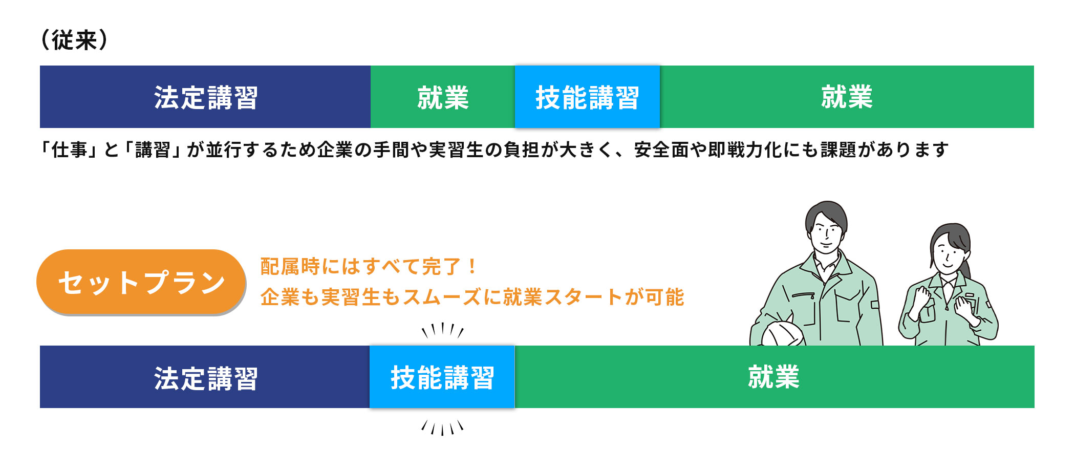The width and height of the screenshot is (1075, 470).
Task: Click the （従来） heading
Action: click(x=74, y=40)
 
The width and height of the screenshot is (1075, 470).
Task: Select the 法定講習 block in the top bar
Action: click(x=205, y=97)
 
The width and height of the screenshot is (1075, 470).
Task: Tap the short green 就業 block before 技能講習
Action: click(x=443, y=97)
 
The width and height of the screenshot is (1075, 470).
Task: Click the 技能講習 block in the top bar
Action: click(x=587, y=97)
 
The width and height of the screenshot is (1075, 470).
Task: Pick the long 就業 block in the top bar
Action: click(x=847, y=97)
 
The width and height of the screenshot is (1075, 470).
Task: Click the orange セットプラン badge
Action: click(x=141, y=282)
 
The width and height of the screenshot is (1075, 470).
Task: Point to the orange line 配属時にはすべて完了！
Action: click(x=369, y=267)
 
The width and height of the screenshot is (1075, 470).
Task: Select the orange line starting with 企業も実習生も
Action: click(x=472, y=297)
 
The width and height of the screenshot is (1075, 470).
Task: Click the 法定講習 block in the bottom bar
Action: click(x=205, y=377)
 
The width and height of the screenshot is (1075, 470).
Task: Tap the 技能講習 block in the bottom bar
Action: click(x=442, y=377)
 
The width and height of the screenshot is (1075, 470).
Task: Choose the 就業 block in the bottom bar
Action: click(x=775, y=377)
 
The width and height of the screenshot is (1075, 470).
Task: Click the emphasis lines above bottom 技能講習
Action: click(x=443, y=330)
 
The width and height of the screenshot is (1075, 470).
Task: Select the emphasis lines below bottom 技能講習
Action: click(x=443, y=428)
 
